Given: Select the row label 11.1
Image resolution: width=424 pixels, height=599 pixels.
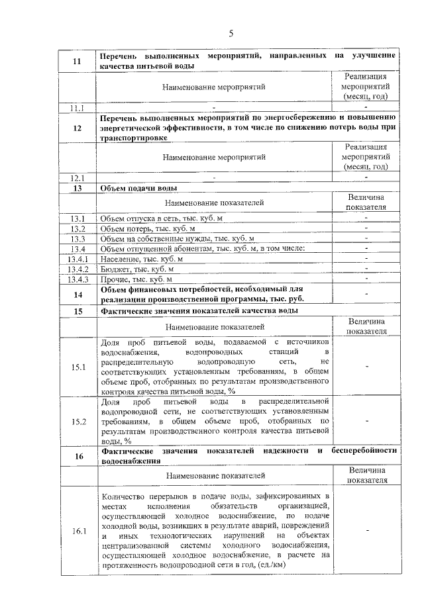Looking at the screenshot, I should click(x=77, y=107).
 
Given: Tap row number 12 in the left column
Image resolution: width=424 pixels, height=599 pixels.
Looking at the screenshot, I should click(x=77, y=128).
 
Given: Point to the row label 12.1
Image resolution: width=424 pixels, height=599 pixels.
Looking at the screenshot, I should click(x=77, y=178).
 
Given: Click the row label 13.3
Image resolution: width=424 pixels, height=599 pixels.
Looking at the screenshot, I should click(x=77, y=238).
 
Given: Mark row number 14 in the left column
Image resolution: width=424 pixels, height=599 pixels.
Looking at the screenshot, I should click(x=77, y=294).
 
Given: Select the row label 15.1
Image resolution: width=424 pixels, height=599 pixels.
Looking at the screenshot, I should click(x=77, y=368).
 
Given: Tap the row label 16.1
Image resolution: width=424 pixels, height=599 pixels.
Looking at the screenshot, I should click(x=77, y=532).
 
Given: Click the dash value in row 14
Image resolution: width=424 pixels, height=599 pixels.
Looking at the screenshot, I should click(x=366, y=294).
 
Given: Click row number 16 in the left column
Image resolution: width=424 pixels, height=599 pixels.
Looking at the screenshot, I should click(x=77, y=456).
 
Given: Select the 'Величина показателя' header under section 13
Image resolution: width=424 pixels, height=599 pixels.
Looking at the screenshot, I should click(x=366, y=202).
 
